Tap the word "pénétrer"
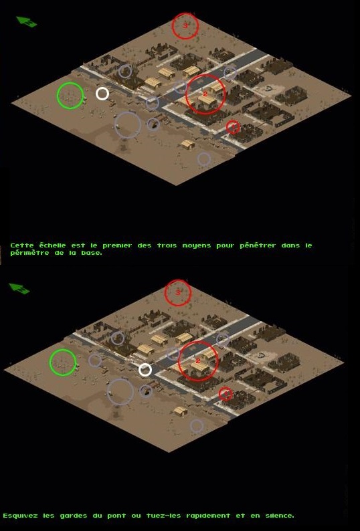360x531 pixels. pos(258,245)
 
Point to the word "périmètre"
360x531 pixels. pos(30,253)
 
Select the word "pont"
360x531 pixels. pos(116,516)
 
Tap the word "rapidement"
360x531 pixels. pos(208,516)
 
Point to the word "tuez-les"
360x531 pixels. pos(163,516)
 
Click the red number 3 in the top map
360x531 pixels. pos(185,25)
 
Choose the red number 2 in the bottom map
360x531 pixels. pos(198,361)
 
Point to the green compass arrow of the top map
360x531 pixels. pos(27,21)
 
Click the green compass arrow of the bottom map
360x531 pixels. pos(19,288)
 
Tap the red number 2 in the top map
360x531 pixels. pos(205,94)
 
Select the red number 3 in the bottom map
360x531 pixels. pos(177,292)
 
